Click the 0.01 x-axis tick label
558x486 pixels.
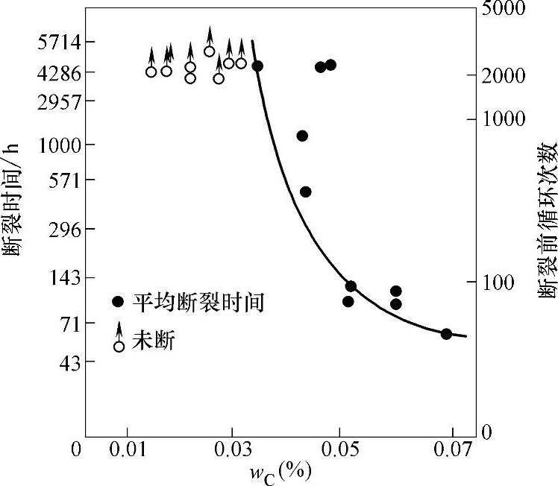126,450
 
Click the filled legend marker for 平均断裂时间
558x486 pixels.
117,302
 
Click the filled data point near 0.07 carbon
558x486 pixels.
446,334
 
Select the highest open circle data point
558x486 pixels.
210,51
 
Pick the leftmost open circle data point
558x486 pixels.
151,72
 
